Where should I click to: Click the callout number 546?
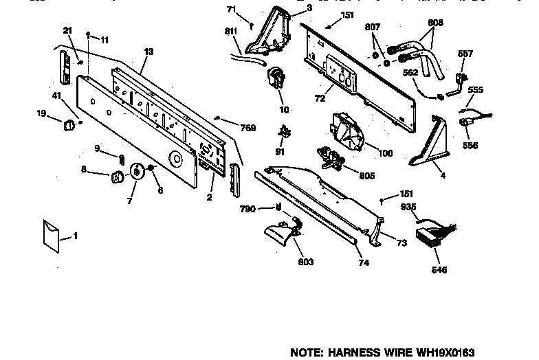(439, 270)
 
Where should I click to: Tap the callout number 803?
(306, 262)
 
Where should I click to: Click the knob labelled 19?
(69, 124)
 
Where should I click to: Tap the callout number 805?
(366, 176)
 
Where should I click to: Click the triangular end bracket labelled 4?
(427, 146)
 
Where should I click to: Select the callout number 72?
(320, 99)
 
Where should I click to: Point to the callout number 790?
(248, 209)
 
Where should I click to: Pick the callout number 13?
(148, 51)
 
